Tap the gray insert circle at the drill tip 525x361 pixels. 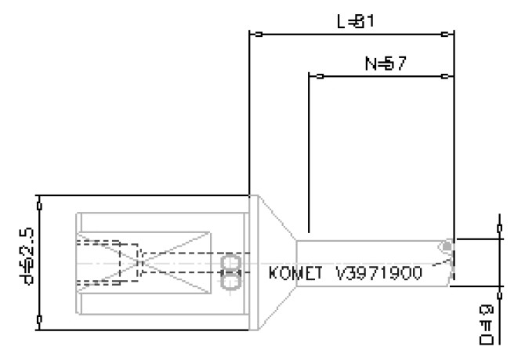pyautogui.click(x=447, y=247)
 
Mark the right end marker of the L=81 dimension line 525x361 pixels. pyautogui.click(x=445, y=35)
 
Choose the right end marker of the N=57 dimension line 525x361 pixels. pyautogui.click(x=445, y=76)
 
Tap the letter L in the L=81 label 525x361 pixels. pyautogui.click(x=341, y=22)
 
